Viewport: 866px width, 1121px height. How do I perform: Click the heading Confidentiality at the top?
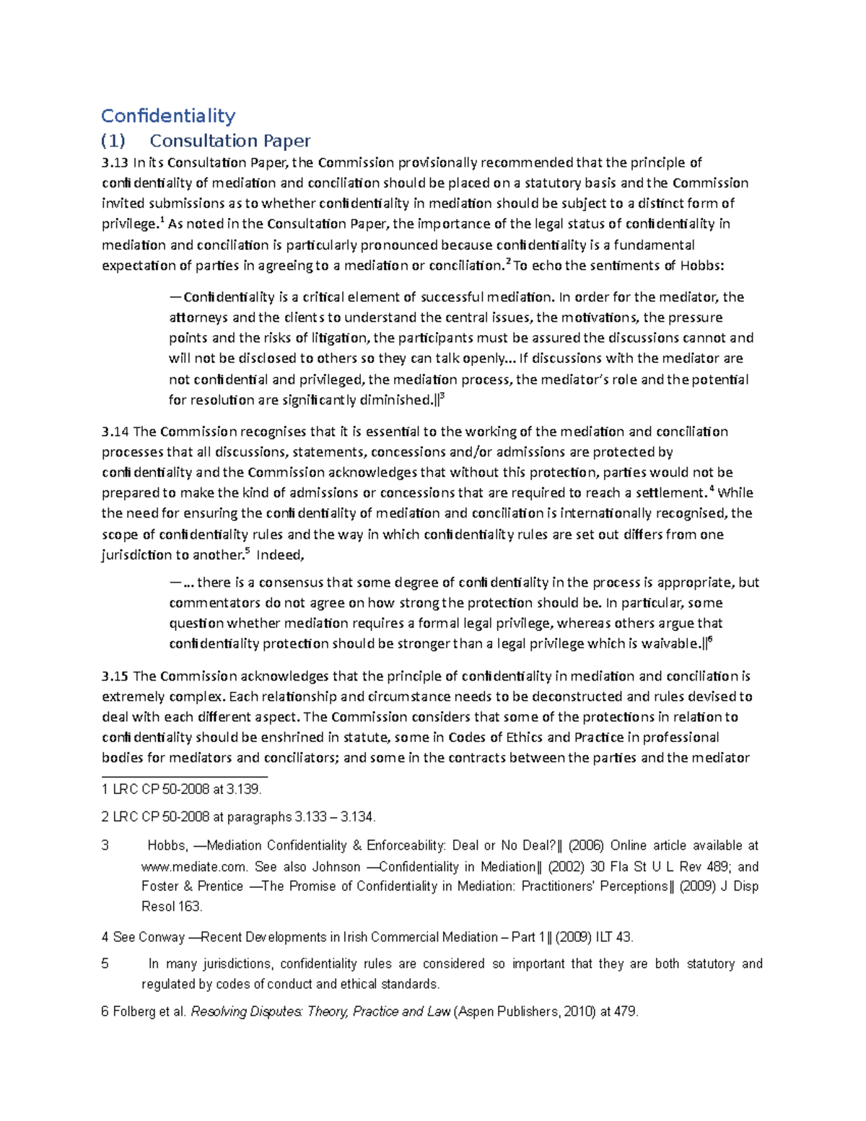pyautogui.click(x=168, y=115)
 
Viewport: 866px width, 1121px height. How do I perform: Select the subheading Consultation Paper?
pyautogui.click(x=229, y=141)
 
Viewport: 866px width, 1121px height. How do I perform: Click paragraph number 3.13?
pyautogui.click(x=115, y=163)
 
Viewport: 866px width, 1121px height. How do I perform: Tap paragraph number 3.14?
pyautogui.click(x=115, y=432)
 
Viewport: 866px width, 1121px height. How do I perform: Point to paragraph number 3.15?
pyautogui.click(x=115, y=676)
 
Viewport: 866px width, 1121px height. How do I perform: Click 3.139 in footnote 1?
pyautogui.click(x=243, y=790)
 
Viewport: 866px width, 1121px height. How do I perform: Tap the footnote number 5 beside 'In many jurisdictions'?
pyautogui.click(x=105, y=964)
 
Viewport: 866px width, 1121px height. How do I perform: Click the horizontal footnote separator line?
pyautogui.click(x=184, y=777)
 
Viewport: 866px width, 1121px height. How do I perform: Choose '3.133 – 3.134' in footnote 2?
pyautogui.click(x=335, y=817)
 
